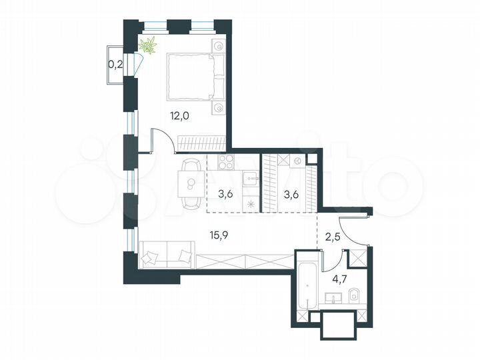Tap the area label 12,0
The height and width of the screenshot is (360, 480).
pos(180,115)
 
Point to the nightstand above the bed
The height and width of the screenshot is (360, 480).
pos(219,46)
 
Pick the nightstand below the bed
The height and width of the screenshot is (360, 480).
pos(219,107)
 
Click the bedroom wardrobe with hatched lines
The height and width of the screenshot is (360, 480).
pos(201,143)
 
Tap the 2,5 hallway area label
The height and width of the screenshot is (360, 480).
pos(332,235)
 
